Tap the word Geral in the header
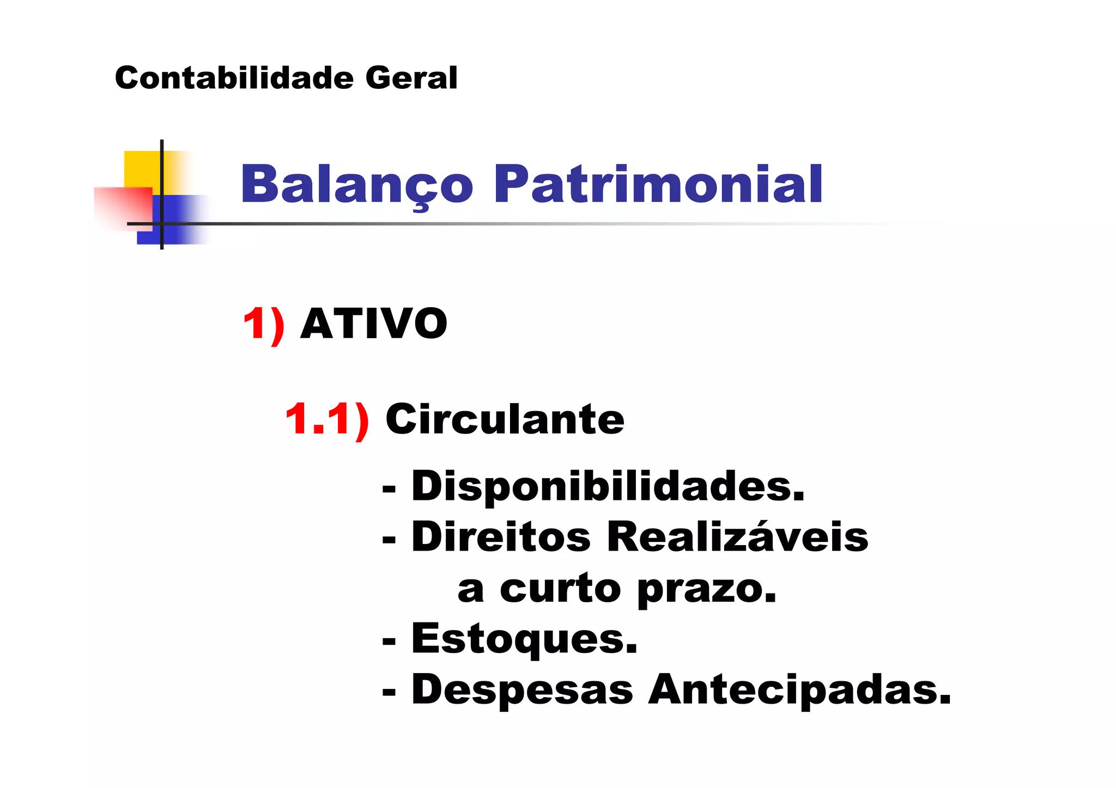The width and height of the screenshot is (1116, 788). click(x=411, y=78)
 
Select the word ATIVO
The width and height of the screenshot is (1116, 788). click(x=374, y=324)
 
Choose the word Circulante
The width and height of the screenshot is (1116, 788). click(x=505, y=419)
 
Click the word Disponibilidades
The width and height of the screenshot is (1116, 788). click(x=608, y=486)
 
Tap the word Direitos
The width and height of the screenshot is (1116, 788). click(x=501, y=537)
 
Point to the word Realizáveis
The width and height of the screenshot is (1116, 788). click(x=737, y=537)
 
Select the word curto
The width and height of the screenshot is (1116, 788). click(x=560, y=589)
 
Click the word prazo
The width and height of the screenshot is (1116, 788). click(x=706, y=589)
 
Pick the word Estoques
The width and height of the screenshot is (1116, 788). click(x=524, y=639)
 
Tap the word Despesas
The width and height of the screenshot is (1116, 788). click(x=522, y=690)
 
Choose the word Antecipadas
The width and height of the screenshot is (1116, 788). click(x=799, y=690)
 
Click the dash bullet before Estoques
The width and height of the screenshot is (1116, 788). click(x=389, y=642)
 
